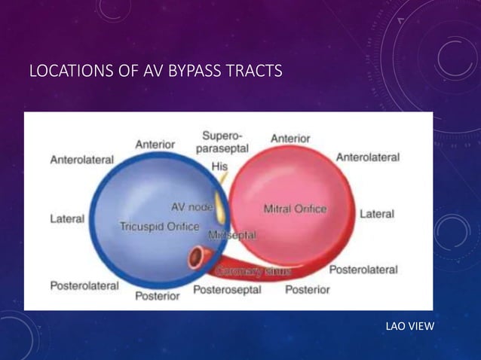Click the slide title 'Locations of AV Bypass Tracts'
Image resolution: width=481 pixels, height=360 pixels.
point(155,72)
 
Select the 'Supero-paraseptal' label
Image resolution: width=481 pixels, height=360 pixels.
point(219,142)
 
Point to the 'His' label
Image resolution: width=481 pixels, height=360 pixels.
point(219,165)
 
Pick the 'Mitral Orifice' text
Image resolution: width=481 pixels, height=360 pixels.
point(295,208)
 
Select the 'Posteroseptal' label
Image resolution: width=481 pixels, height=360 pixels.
point(228,289)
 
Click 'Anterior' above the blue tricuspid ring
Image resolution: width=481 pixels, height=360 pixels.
point(155,144)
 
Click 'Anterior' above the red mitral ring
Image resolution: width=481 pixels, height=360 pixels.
point(290,138)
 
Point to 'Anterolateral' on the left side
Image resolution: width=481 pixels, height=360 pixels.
point(81,160)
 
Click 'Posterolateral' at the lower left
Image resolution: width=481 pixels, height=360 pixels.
point(84,285)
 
